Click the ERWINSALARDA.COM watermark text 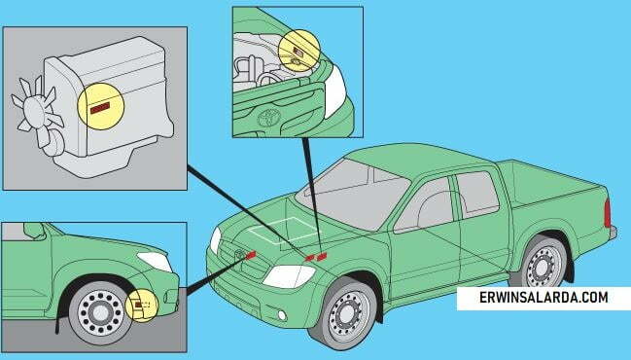pyautogui.click(x=543, y=298)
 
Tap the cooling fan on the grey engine pyautogui.click(x=35, y=113)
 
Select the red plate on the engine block pyautogui.click(x=100, y=108)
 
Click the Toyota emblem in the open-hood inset pyautogui.click(x=268, y=117)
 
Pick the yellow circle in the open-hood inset pyautogui.click(x=299, y=51)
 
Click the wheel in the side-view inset pyautogui.click(x=99, y=312)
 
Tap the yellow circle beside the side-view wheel pyautogui.click(x=143, y=305)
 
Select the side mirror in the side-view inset pyautogui.click(x=34, y=231)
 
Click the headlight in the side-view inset pyautogui.click(x=155, y=262)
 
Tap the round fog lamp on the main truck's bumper pyautogui.click(x=282, y=315)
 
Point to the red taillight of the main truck pyautogui.click(x=608, y=213)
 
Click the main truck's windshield pyautogui.click(x=353, y=194)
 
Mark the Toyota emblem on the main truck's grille pyautogui.click(x=240, y=254)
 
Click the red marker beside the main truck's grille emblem pyautogui.click(x=250, y=255)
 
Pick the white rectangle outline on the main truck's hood pyautogui.click(x=283, y=231)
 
